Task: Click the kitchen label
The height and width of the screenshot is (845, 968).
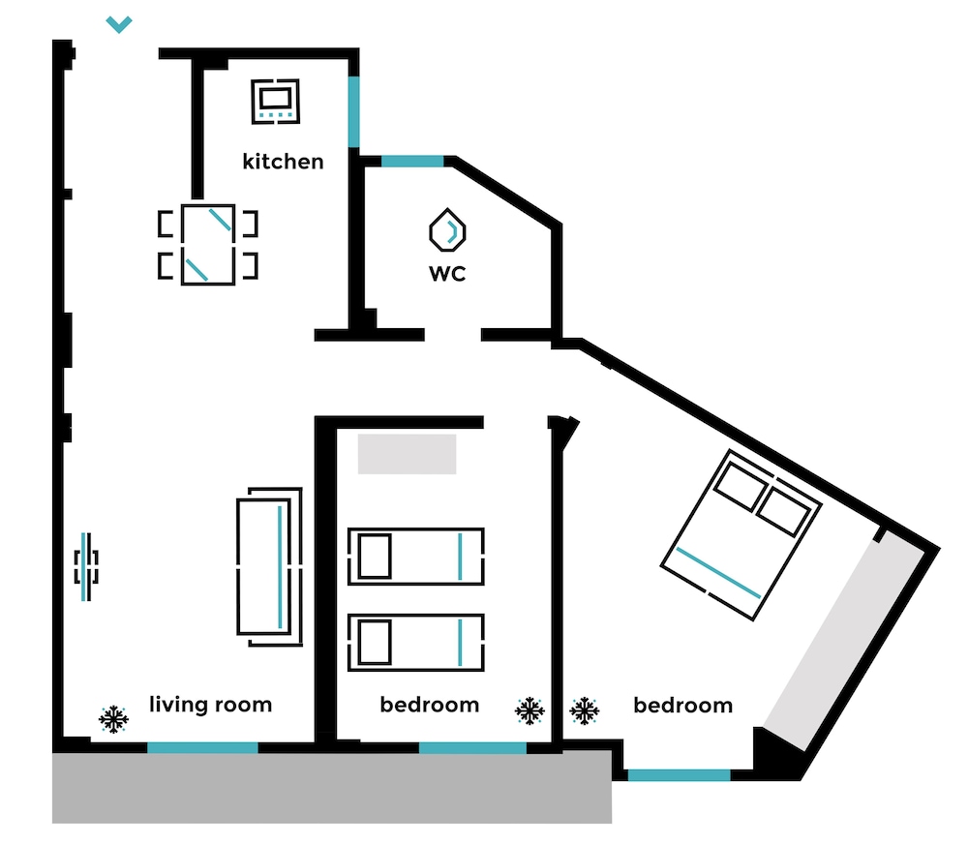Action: tap(283, 161)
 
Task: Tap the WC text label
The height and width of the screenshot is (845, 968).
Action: tap(447, 273)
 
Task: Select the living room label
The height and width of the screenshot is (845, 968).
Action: tap(210, 705)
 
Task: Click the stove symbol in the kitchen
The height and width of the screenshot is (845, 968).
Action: tap(275, 102)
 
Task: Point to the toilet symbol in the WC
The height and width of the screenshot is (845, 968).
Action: tap(447, 230)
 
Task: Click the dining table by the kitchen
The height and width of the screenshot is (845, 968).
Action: tap(208, 245)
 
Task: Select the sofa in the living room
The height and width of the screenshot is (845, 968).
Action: tap(270, 566)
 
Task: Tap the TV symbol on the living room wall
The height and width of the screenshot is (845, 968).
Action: tap(86, 566)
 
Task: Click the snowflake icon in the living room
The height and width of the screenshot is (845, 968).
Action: tap(113, 719)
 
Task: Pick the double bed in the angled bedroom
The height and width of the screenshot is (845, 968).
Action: tap(741, 534)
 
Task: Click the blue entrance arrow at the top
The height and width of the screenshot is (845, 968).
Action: tap(119, 24)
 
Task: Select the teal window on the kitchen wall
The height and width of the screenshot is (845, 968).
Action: tap(353, 111)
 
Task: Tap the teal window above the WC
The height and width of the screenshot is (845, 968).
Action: tap(412, 161)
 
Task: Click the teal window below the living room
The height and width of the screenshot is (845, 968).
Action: tap(202, 747)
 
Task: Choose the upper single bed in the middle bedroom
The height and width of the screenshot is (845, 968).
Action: tap(416, 557)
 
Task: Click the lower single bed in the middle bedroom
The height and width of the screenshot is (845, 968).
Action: tap(416, 643)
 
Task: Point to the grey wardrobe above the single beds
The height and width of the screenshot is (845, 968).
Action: tap(407, 454)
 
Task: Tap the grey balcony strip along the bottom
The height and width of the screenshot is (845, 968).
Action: tap(332, 787)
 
